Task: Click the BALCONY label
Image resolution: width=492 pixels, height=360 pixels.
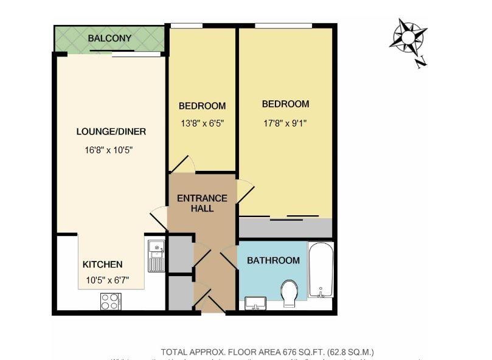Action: [x=109, y=38]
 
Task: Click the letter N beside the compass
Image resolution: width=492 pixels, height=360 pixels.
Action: [x=421, y=61]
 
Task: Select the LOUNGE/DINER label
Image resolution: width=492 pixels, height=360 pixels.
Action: [x=111, y=131]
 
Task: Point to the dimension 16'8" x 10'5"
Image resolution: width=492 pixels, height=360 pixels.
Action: [x=111, y=150]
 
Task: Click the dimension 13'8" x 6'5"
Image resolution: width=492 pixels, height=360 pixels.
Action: [x=201, y=123]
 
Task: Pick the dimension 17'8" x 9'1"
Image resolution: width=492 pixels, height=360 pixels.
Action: [x=285, y=122]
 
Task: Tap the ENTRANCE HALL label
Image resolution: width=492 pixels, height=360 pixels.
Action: [x=202, y=203]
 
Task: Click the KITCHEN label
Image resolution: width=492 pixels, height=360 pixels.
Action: [x=102, y=265]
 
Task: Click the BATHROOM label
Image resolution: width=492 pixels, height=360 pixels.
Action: [x=273, y=260]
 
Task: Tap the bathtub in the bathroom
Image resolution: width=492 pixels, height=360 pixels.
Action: [x=320, y=269]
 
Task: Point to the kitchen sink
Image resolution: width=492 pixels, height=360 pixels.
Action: [x=156, y=255]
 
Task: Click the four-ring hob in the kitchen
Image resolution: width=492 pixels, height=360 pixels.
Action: [x=111, y=302]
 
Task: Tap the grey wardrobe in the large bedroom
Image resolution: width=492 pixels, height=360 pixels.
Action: [x=285, y=228]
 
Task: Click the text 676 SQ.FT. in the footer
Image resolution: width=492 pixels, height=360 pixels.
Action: [x=302, y=352]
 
